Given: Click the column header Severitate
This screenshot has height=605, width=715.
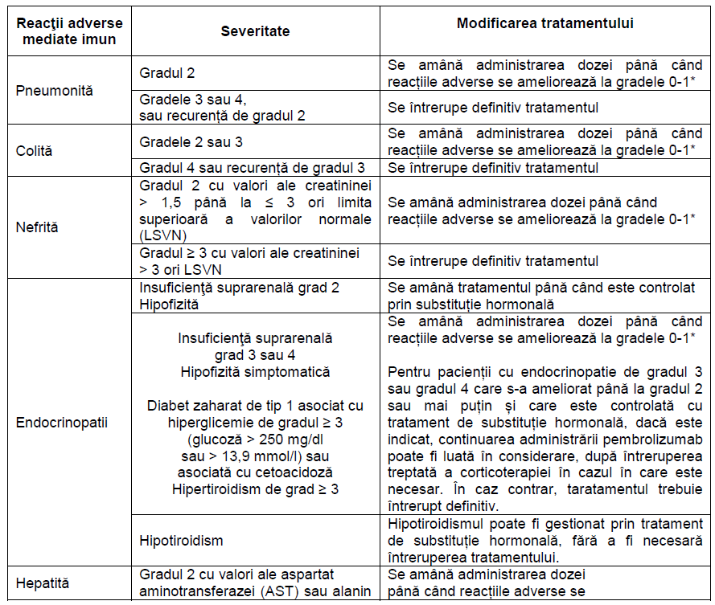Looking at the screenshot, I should coord(255,31).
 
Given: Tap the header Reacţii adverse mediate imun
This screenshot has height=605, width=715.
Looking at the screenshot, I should coord(66,31).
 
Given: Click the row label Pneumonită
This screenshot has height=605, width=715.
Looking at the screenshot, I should coord(55,90).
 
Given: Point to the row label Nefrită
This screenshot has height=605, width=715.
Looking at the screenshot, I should coord(37,227).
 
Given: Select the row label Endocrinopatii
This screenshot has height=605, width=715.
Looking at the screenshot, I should coord(62,422).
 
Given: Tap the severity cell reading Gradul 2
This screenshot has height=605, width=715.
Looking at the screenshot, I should coord(167,73).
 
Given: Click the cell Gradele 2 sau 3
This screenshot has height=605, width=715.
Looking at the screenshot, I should coord(191,142).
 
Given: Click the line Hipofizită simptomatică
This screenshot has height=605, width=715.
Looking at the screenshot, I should coord(255,372).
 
